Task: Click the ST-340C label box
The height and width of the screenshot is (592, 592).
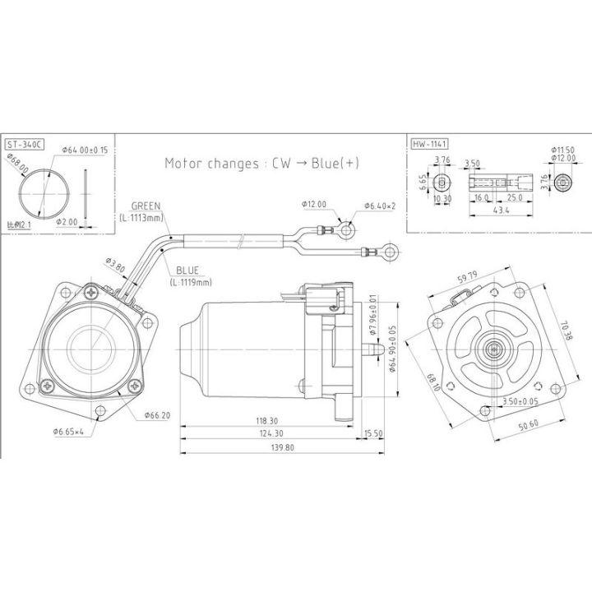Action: [x=24, y=145]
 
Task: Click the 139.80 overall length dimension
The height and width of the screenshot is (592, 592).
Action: [x=279, y=447]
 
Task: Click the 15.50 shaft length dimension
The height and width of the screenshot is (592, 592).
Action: [x=373, y=433]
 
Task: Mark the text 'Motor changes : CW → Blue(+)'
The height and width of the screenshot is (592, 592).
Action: [x=262, y=163]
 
